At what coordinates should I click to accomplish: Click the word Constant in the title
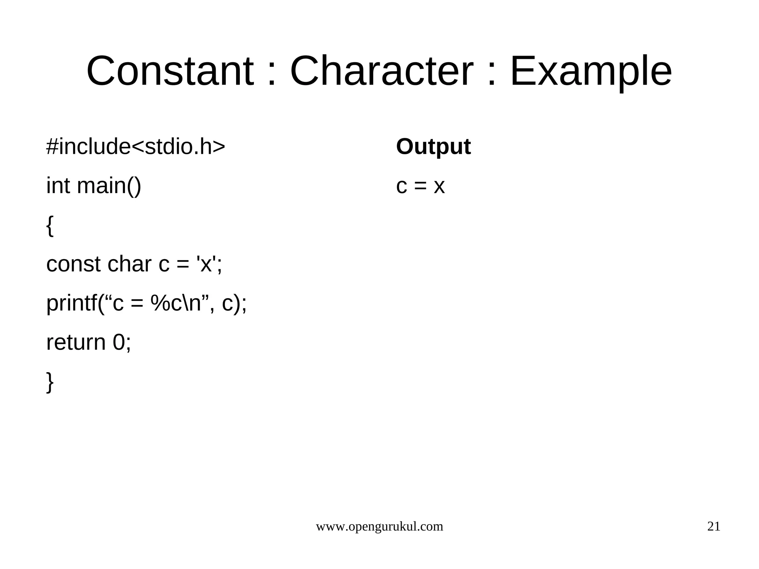pyautogui.click(x=170, y=71)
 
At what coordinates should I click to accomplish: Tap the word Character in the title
pyautogui.click(x=381, y=71)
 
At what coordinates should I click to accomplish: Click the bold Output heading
pyautogui.click(x=433, y=147)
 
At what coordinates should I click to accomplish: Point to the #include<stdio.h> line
pyautogui.click(x=135, y=147)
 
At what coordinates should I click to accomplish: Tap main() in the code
pyautogui.click(x=109, y=186)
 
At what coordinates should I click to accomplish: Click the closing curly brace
pyautogui.click(x=50, y=382)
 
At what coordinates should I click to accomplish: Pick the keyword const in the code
pyautogui.click(x=73, y=265)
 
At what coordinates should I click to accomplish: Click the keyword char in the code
pyautogui.click(x=129, y=265)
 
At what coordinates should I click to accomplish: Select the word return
pyautogui.click(x=76, y=343)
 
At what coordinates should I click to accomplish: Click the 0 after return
pyautogui.click(x=119, y=343)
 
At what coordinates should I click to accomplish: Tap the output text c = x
pyautogui.click(x=420, y=186)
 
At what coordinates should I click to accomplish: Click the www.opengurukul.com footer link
pyautogui.click(x=379, y=526)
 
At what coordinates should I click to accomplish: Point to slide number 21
pyautogui.click(x=714, y=526)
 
